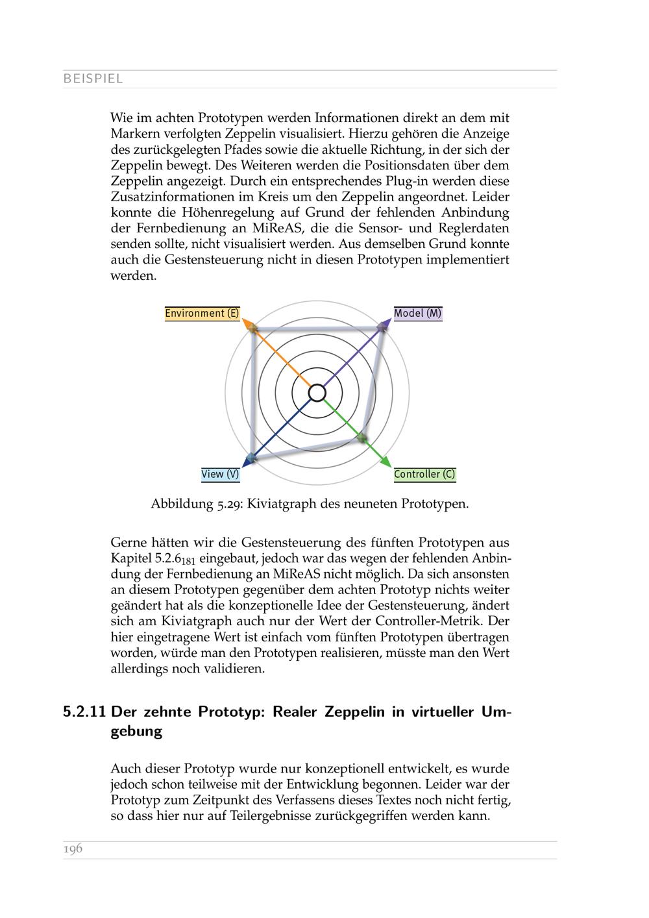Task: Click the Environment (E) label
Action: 202,314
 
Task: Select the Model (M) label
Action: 418,314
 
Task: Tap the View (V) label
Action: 220,475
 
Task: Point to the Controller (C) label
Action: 424,475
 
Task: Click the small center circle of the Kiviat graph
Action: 317,393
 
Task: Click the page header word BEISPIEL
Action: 93,79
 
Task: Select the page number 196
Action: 73,849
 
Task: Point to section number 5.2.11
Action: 84,712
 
